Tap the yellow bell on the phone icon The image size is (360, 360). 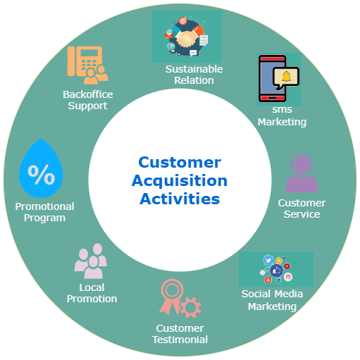287,77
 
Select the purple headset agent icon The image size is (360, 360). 302,173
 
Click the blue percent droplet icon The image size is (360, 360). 41,168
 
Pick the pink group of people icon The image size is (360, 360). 91,261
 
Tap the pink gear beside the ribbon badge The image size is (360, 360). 190,307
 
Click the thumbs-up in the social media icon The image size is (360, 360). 276,271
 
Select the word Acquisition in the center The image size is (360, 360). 180,180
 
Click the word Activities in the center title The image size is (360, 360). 180,199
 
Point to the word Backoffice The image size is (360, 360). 88,94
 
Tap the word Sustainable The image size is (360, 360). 194,69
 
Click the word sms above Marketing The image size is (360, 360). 282,110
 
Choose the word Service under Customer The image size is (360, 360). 302,214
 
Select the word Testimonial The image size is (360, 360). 180,340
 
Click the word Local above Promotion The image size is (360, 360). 92,287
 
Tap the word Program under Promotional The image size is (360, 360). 44,218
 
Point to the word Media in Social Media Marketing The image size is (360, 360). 289,294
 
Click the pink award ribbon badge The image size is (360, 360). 170,297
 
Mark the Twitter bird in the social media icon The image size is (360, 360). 268,260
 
